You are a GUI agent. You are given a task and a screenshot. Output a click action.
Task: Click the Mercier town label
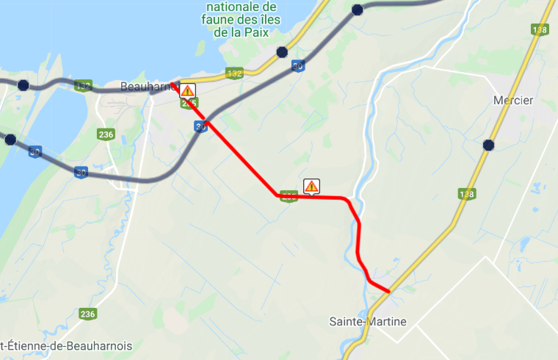tap(514, 101)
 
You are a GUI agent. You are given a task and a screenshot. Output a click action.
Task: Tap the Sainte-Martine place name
tap(367, 321)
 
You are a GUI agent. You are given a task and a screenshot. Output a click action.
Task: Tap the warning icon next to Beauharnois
tap(187, 91)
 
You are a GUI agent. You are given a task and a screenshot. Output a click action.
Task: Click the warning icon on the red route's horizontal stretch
tap(311, 186)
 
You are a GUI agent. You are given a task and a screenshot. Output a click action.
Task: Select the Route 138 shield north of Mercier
tap(540, 29)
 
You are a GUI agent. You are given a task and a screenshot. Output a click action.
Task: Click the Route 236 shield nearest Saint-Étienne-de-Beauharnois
tap(88, 314)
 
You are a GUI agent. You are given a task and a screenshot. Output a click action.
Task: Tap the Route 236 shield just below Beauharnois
tap(106, 134)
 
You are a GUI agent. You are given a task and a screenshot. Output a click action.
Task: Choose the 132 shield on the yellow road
tap(235, 73)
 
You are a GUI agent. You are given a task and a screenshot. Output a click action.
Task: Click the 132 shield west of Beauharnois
tap(82, 87)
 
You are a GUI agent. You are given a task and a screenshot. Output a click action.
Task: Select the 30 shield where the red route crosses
tap(200, 127)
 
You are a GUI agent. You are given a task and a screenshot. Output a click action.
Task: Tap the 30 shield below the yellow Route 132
tap(297, 65)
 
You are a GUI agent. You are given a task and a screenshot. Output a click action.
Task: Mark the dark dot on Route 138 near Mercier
tap(488, 145)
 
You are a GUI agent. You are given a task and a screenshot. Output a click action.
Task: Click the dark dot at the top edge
tap(358, 10)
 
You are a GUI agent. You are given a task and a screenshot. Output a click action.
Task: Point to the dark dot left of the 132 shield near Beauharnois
tap(23, 85)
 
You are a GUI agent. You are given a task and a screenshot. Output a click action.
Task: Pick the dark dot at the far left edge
tap(10, 140)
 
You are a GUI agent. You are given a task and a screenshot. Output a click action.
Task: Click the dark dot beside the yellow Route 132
tap(282, 52)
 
